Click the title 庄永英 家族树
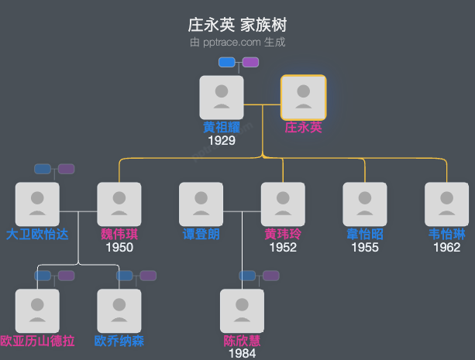coord(237,25)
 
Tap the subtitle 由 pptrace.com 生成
coord(237,42)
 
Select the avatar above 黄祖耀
coord(222,98)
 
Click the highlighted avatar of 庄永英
coord(303,98)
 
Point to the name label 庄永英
coord(303,128)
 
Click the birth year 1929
coord(222,141)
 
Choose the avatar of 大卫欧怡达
coord(37,204)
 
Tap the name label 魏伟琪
coord(119,235)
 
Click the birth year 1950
coord(119,248)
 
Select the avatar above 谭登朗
coord(201,204)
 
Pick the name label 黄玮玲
coord(283,235)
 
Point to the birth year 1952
coord(283,248)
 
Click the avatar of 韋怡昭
coord(365,204)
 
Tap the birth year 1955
coord(365,248)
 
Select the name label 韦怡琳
coord(446,235)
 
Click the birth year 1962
coord(446,248)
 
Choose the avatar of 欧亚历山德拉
coord(37,311)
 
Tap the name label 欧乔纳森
coord(119,341)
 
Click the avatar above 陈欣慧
coord(242,311)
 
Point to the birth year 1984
coord(242,354)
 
